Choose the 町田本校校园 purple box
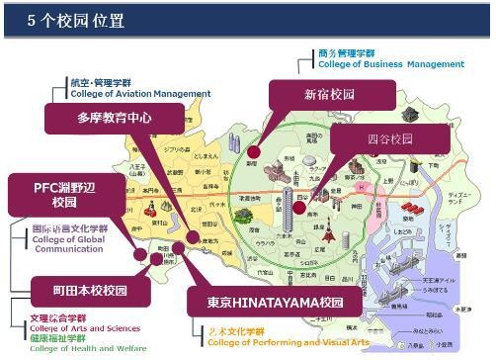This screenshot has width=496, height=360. pos(77,291)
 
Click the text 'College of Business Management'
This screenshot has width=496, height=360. pos(390,64)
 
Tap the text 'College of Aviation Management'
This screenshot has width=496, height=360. pos(139,94)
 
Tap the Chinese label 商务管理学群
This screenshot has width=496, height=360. pos(346,52)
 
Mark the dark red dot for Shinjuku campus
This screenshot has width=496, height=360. pos(253,152)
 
